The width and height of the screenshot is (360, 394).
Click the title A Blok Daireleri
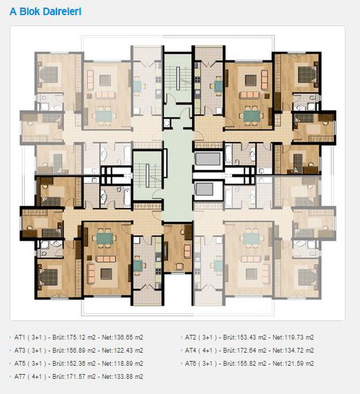coord(45,12)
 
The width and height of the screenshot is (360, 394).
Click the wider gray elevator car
coord(208,159)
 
